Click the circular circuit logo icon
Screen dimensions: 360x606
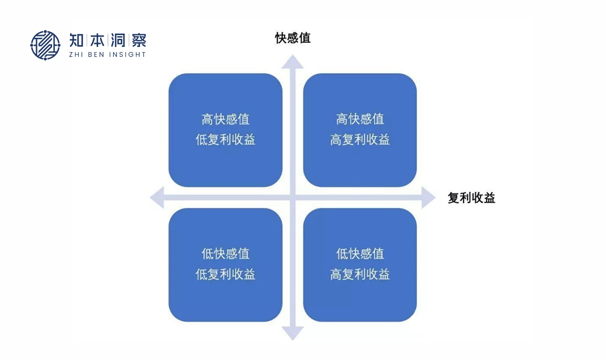tap(45, 45)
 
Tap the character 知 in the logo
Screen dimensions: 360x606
tap(77, 40)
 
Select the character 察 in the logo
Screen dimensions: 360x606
tap(139, 40)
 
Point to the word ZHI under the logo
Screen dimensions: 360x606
tap(77, 54)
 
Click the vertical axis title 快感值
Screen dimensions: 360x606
tap(293, 38)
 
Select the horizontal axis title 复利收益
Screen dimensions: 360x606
tap(471, 198)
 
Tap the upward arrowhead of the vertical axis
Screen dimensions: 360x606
tap(293, 62)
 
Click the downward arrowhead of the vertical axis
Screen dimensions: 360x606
tap(293, 333)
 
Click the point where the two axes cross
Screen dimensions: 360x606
tap(293, 198)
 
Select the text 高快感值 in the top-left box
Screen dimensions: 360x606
tap(225, 119)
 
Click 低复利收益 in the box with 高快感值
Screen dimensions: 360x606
tap(225, 140)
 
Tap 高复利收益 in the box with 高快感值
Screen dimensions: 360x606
tap(360, 140)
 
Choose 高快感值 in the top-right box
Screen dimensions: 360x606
tap(360, 119)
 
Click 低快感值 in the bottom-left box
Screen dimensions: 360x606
tap(225, 254)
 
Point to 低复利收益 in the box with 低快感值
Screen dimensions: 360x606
tap(225, 275)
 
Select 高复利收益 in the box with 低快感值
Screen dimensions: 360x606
tap(360, 275)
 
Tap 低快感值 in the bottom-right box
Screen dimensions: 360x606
tap(360, 254)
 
